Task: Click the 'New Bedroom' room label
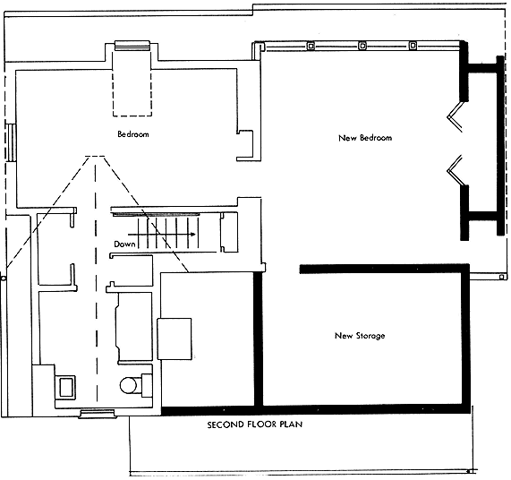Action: (365, 138)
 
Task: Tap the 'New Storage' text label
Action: (360, 336)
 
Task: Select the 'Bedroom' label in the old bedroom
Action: (133, 134)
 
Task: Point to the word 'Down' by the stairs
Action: (124, 244)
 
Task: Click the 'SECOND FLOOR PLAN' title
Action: (255, 424)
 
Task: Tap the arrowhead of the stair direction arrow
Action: (193, 234)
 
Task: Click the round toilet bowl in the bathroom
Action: (128, 385)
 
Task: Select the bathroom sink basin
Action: (66, 387)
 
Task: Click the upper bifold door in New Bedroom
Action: (456, 116)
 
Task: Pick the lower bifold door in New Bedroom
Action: (456, 171)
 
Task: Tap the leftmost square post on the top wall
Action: (311, 46)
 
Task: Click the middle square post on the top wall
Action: (362, 46)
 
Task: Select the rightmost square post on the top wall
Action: (413, 46)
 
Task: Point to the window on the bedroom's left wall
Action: (11, 142)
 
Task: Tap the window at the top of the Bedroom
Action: (132, 46)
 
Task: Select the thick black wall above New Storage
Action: (385, 269)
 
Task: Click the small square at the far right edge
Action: (501, 277)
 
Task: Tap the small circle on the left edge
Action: (4, 279)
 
